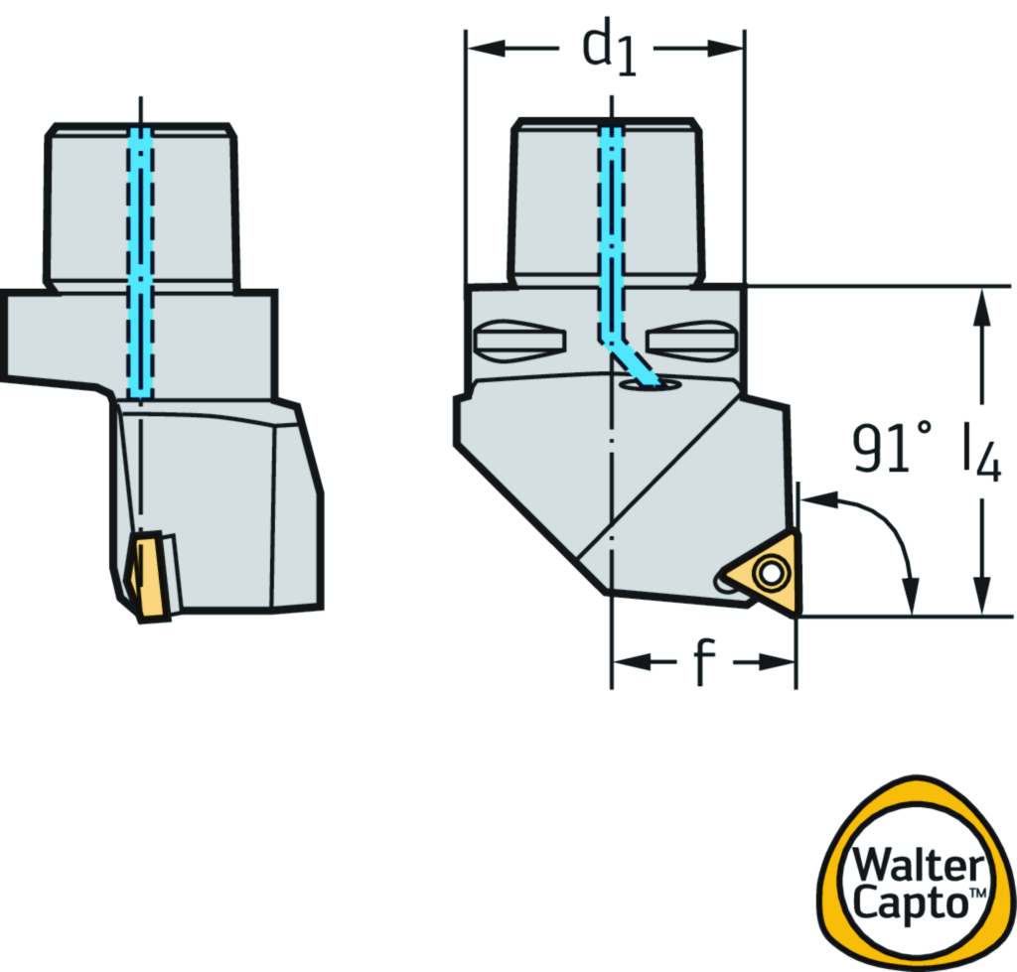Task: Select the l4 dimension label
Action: [980, 453]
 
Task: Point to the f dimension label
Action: [704, 662]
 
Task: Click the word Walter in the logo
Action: [918, 865]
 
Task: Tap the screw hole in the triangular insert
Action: [770, 574]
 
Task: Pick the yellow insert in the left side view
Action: [148, 576]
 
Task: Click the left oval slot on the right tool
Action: [520, 341]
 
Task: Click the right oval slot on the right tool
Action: [691, 341]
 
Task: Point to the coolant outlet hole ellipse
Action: [650, 386]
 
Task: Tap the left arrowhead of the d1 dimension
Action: [485, 48]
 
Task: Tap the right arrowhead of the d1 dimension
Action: [725, 48]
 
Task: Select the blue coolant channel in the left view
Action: [141, 263]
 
